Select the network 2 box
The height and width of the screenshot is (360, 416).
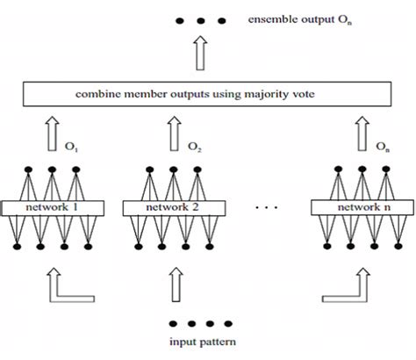point(173,209)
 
